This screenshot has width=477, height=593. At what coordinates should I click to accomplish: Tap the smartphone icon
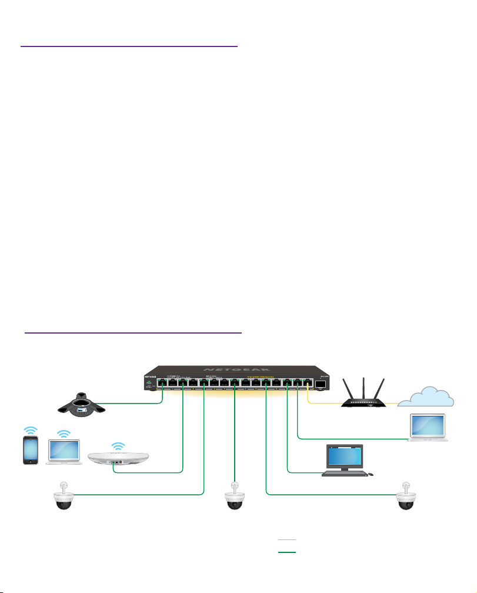click(31, 450)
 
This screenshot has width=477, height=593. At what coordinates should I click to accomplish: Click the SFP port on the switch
click(321, 384)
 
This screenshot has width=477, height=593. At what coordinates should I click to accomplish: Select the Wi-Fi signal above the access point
click(119, 445)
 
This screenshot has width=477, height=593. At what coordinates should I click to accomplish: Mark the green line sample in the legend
click(286, 552)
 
